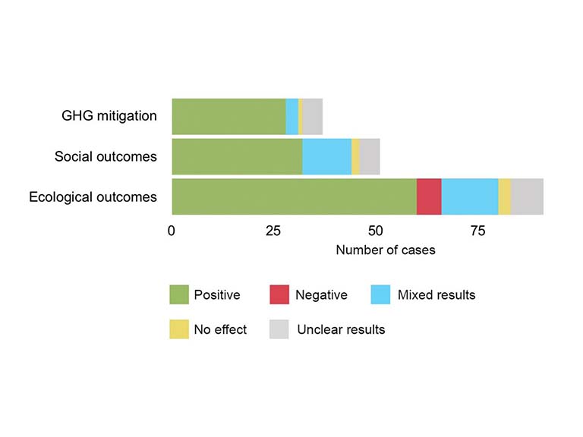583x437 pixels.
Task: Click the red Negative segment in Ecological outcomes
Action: [x=429, y=196]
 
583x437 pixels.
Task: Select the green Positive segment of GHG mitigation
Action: [x=228, y=116]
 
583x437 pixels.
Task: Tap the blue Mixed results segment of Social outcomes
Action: [x=326, y=156]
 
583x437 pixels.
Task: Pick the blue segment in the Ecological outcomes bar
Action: [x=470, y=196]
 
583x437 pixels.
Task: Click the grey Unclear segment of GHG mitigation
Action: [x=313, y=116]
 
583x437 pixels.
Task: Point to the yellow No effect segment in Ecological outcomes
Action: [x=505, y=196]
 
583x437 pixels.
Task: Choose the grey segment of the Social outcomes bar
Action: [x=370, y=156]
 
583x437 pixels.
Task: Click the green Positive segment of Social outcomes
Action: [x=237, y=156]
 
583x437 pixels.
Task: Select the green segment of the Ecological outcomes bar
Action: [x=294, y=196]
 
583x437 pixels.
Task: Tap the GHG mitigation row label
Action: [x=109, y=116]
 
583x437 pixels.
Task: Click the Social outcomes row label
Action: [x=106, y=157]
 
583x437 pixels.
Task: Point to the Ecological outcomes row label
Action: [x=93, y=197]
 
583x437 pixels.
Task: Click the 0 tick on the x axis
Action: [x=172, y=231]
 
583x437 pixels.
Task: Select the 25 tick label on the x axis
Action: [x=273, y=231]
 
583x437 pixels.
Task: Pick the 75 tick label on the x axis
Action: [x=477, y=231]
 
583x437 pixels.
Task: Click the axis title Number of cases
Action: [x=386, y=250]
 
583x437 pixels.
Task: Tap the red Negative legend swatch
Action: [x=279, y=294]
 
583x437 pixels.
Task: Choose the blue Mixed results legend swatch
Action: [x=381, y=294]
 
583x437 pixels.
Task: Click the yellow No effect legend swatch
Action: [x=179, y=329]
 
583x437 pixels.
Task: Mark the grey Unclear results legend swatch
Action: [x=279, y=329]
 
